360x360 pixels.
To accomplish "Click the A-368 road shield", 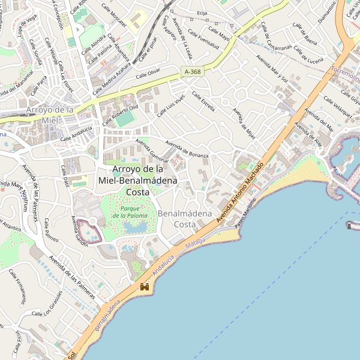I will pyautogui.click(x=193, y=72).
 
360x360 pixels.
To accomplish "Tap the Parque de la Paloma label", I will pyautogui.click(x=130, y=212).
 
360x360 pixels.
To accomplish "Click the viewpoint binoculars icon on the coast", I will pyautogui.click(x=145, y=287).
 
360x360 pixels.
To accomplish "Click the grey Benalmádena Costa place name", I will pyautogui.click(x=185, y=218).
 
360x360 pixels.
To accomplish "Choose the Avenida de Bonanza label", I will pyautogui.click(x=187, y=150).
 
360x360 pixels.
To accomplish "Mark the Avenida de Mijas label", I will pyautogui.click(x=244, y=124).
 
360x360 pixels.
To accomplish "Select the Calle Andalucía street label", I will pyautogui.click(x=76, y=134).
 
